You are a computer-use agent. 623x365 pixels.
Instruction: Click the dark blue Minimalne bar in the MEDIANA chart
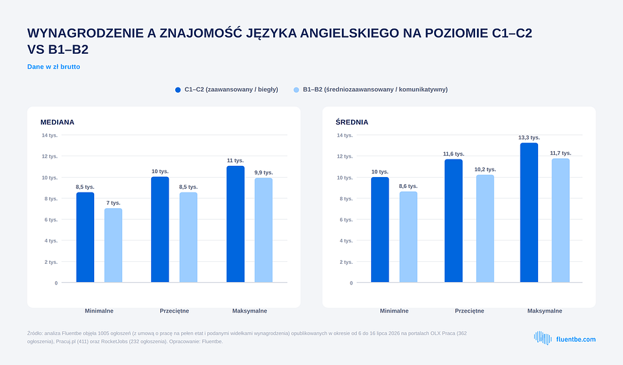86,237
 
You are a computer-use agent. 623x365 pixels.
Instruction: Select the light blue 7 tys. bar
113,245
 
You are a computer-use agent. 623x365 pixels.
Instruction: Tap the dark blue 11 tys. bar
236,224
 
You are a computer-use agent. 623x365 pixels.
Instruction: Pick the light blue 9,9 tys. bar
263,230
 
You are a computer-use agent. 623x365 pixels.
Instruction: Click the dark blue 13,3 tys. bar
529,213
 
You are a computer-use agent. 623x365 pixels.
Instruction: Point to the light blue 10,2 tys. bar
485,228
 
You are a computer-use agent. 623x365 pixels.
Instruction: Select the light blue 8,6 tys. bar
408,237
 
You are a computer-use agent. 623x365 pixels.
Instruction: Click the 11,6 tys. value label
454,154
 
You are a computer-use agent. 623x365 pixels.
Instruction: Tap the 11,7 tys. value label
561,153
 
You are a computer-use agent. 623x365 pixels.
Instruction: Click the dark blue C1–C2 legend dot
178,89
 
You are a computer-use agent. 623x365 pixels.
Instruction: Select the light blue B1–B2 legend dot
297,89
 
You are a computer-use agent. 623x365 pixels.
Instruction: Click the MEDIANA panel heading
57,122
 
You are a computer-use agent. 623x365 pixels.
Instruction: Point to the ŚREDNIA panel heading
352,122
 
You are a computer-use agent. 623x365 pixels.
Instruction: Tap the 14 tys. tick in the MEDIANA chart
50,135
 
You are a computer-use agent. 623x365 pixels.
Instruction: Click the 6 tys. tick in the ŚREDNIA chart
346,220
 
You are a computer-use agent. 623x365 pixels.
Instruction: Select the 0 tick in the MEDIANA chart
56,283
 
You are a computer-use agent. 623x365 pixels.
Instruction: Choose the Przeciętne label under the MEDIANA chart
175,311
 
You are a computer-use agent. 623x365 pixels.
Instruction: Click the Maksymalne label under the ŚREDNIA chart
544,311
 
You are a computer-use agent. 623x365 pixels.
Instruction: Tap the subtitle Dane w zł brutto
54,67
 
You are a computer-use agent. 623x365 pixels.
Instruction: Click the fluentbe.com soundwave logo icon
543,338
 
